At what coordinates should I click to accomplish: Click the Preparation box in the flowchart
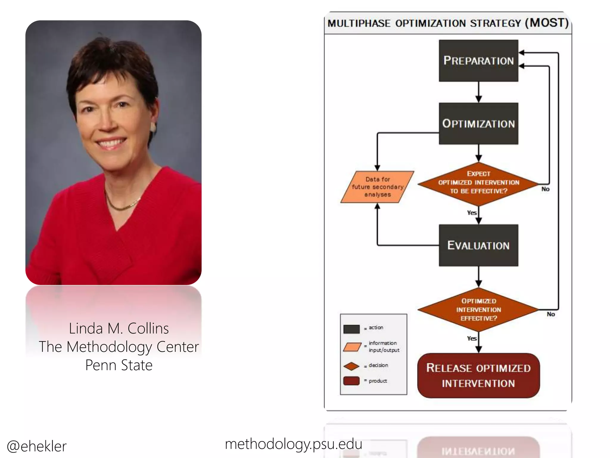click(478, 61)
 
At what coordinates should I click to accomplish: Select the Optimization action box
click(478, 123)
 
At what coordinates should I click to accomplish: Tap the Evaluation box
click(478, 245)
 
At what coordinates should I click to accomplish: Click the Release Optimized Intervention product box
click(478, 375)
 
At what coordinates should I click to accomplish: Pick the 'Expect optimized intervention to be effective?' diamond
click(478, 183)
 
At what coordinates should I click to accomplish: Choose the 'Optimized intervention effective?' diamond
click(478, 310)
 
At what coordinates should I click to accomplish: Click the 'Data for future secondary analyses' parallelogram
click(377, 187)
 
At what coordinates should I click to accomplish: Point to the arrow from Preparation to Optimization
click(479, 92)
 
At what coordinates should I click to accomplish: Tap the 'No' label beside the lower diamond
click(551, 314)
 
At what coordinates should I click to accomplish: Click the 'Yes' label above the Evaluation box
click(471, 213)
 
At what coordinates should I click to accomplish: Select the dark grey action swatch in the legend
click(351, 329)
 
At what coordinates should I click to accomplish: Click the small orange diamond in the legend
click(351, 366)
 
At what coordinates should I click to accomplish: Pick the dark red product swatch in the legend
click(351, 381)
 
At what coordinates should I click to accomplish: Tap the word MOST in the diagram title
click(547, 23)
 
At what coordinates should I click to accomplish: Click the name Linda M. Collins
click(119, 329)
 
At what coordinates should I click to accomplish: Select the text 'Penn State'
click(119, 365)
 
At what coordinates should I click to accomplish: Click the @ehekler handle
click(37, 446)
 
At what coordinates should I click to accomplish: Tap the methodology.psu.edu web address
click(293, 444)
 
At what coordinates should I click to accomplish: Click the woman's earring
click(153, 128)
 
